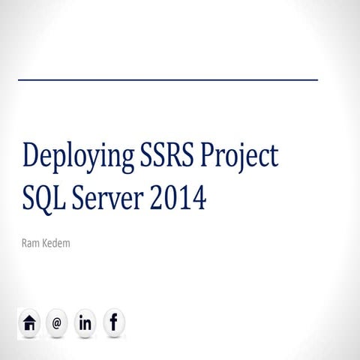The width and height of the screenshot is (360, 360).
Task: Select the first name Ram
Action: pos(31,244)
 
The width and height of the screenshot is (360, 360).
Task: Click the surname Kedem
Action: pos(57,244)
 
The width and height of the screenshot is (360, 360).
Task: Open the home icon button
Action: pos(29,323)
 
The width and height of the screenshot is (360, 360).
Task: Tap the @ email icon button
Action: pos(57,323)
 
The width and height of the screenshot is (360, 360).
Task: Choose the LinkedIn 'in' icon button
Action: pos(85,323)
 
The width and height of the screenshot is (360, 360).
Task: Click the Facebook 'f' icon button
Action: pos(114,323)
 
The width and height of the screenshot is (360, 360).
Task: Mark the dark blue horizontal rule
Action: pos(168,79)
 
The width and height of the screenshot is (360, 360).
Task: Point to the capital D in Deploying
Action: pos(31,157)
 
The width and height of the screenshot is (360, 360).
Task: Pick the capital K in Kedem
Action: pos(46,244)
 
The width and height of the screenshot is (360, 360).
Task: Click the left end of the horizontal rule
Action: pos(19,79)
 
